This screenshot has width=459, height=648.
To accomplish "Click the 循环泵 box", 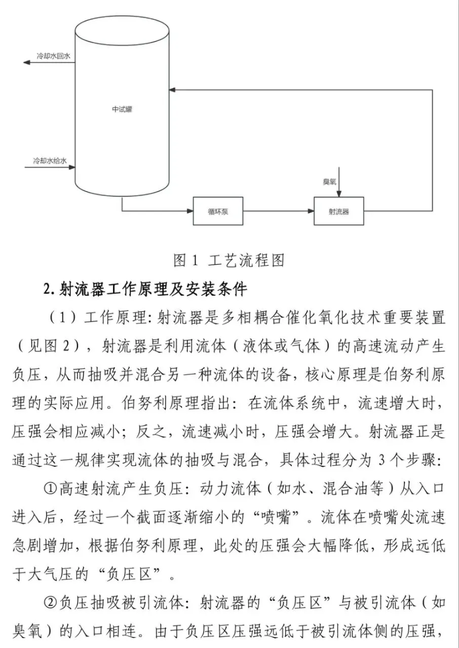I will click(218, 211).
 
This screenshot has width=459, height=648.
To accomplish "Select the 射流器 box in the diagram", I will click(339, 211).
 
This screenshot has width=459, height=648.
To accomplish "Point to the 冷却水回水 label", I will click(53, 54).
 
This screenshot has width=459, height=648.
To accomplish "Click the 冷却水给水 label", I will click(50, 161).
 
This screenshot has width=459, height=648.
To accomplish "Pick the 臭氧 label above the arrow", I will click(330, 181).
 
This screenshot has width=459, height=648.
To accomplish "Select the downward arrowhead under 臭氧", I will click(339, 194).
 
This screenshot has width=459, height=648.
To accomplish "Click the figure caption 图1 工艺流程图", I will click(229, 261).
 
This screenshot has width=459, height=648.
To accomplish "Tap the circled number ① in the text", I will click(50, 489).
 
